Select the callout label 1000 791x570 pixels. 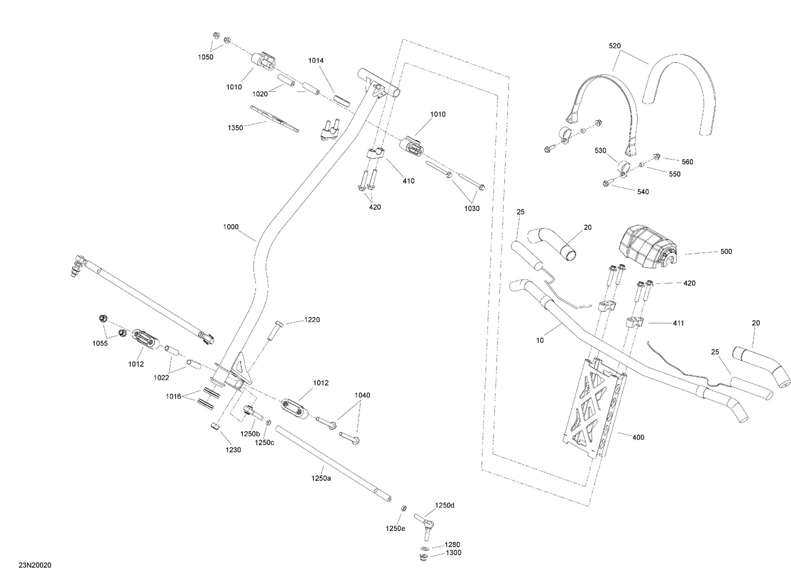pyautogui.click(x=231, y=227)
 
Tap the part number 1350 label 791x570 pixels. pyautogui.click(x=235, y=128)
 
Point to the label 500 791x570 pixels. pyautogui.click(x=726, y=252)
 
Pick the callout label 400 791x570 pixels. pyautogui.click(x=638, y=437)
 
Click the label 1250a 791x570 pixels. pyautogui.click(x=321, y=478)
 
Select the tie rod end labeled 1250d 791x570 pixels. pyautogui.click(x=424, y=527)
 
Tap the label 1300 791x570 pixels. pyautogui.click(x=454, y=553)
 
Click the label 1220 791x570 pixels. pyautogui.click(x=312, y=319)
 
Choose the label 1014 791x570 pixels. pyautogui.click(x=316, y=60)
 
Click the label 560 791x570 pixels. pyautogui.click(x=687, y=162)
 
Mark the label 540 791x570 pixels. pyautogui.click(x=643, y=192)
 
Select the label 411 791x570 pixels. pyautogui.click(x=678, y=323)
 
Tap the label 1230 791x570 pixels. pyautogui.click(x=233, y=450)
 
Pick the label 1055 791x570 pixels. pyautogui.click(x=100, y=343)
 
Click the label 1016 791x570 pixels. pyautogui.click(x=173, y=396)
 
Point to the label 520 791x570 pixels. pyautogui.click(x=615, y=46)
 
